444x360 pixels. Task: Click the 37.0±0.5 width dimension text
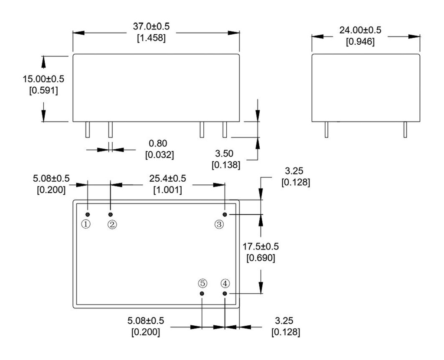coord(151,26)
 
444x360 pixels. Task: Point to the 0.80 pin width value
coord(158,143)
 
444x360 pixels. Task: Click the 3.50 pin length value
coord(225,154)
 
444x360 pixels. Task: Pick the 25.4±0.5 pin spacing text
coord(167,178)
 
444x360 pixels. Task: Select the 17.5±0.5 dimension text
coord(260,246)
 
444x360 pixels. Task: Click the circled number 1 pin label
coord(87,224)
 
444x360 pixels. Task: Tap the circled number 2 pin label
coord(111,224)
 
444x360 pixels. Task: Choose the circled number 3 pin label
coord(219,224)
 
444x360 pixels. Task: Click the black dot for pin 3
coord(225,215)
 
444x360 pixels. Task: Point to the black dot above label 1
coord(88,215)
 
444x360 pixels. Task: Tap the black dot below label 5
coord(202,294)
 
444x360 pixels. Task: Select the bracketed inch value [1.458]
coord(151,38)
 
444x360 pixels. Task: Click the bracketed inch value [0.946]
coord(360,42)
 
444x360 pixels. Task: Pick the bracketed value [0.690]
coord(260,258)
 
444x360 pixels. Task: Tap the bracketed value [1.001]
coord(167,190)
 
